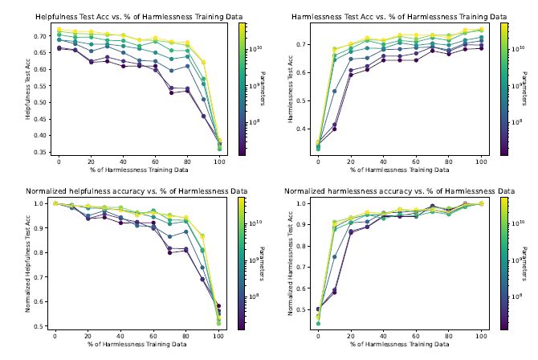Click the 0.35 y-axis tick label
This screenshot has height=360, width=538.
pyautogui.click(x=39, y=152)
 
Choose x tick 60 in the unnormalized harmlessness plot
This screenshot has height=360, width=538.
pyautogui.click(x=416, y=160)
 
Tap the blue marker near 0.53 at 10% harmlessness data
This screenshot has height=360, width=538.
pyautogui.click(x=334, y=91)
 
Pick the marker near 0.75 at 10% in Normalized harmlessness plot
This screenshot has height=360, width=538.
pyautogui.click(x=334, y=256)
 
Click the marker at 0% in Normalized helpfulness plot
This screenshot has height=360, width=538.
pyautogui.click(x=55, y=203)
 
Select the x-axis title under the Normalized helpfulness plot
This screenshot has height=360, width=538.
pyautogui.click(x=137, y=345)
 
